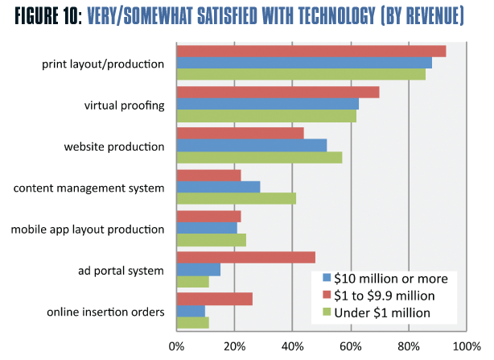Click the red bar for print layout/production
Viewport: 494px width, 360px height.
tap(311, 52)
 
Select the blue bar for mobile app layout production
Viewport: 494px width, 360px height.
tap(207, 228)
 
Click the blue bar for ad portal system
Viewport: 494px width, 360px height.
tap(198, 270)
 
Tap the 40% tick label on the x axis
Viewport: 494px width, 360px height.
tap(292, 347)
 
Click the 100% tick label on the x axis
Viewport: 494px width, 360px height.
tap(465, 347)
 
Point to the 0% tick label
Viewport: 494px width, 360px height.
tap(176, 347)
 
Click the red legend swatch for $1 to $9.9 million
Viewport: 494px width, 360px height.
tap(327, 295)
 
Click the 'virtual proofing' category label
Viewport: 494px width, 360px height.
tap(125, 105)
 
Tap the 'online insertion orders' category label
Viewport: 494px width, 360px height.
tap(105, 312)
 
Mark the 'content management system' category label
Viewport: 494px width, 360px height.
tap(89, 188)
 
